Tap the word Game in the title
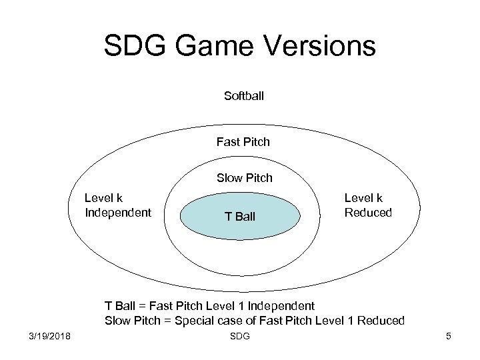pos(211,46)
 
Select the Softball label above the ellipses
pos(244,96)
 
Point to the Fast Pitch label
pos(243,141)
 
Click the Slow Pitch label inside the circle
pos(244,179)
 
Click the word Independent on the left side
pos(118,213)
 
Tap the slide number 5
pos(449,336)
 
